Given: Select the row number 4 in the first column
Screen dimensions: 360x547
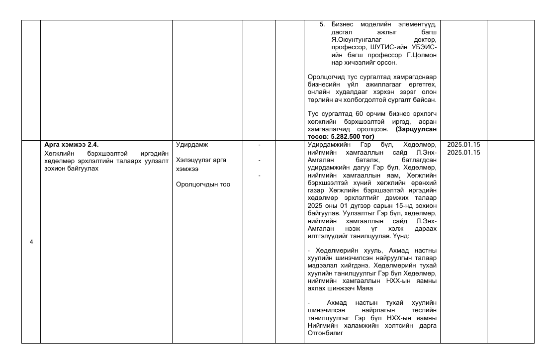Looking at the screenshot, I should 31,242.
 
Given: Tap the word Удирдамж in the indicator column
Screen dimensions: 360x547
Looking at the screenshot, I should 192,145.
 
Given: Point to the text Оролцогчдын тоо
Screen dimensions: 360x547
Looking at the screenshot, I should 203,184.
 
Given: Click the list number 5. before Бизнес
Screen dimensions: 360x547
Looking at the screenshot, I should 322,24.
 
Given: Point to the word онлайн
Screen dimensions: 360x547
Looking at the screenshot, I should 319,92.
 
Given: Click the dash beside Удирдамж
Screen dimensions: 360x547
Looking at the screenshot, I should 259,145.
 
